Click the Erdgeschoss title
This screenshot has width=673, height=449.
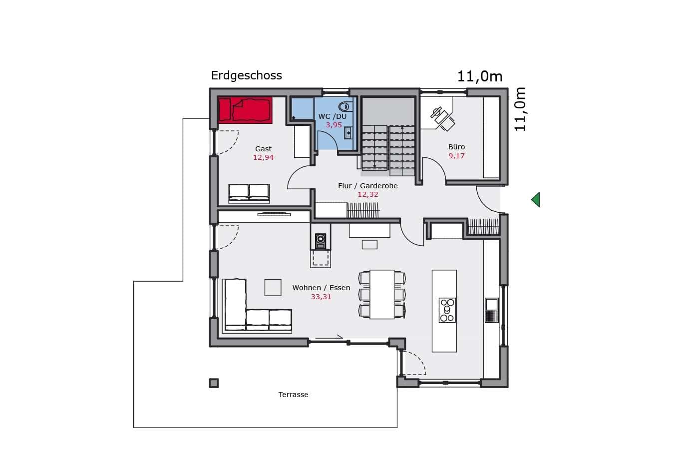click(246, 75)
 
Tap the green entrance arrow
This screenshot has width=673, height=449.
click(536, 200)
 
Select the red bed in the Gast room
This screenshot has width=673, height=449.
click(245, 110)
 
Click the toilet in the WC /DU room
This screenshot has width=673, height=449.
click(345, 106)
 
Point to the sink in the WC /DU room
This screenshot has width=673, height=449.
click(348, 133)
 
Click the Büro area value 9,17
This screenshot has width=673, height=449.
click(456, 156)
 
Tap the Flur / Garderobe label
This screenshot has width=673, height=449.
click(368, 186)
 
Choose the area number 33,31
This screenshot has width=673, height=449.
click(321, 297)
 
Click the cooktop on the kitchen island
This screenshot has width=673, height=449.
click(447, 310)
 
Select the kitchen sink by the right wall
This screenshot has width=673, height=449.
click(492, 310)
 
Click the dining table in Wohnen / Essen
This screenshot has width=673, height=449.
click(382, 294)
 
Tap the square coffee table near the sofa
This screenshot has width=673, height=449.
click(273, 288)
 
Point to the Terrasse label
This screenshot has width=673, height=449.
click(293, 395)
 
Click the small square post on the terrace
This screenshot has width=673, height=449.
click(214, 383)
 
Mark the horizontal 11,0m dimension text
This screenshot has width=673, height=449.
click(480, 76)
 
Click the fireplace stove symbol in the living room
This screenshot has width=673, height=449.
click(321, 241)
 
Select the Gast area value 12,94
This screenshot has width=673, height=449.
click(263, 157)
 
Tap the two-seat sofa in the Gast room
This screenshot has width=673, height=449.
click(249, 194)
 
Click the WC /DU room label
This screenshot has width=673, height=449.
click(333, 116)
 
